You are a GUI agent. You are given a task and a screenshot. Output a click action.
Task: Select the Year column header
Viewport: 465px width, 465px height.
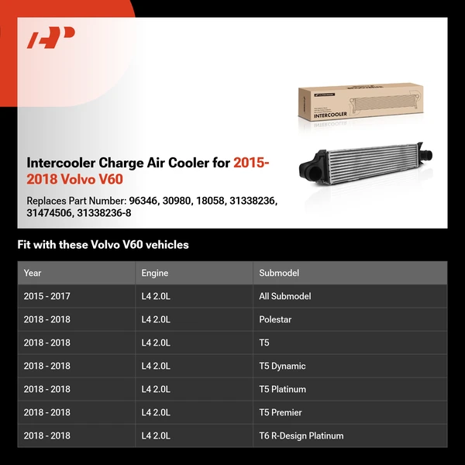click(33, 273)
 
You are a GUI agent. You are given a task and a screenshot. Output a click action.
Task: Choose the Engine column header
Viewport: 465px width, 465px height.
click(154, 273)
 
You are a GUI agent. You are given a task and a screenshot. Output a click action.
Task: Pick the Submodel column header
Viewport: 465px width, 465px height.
click(279, 273)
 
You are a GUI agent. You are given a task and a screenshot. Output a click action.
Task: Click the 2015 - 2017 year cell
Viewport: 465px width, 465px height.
click(46, 296)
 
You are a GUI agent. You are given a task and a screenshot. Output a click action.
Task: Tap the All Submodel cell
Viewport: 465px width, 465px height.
click(284, 296)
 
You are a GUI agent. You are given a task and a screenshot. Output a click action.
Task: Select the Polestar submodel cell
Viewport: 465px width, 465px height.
click(275, 319)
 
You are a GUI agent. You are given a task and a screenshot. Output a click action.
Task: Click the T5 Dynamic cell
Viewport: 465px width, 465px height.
click(282, 366)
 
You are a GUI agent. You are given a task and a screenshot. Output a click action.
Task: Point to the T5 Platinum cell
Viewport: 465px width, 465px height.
click(282, 389)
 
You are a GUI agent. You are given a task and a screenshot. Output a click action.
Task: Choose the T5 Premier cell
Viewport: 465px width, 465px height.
click(281, 412)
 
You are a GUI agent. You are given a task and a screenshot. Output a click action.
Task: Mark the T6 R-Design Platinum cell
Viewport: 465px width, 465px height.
click(301, 436)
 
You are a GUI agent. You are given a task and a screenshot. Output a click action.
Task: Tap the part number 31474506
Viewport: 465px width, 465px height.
click(49, 213)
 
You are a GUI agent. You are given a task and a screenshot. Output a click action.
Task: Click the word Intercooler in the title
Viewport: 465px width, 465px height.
click(60, 163)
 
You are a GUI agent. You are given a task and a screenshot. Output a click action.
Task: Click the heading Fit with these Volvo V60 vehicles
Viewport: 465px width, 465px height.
click(103, 245)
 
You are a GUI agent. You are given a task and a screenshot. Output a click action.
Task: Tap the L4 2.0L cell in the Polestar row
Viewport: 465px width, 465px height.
click(156, 319)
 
